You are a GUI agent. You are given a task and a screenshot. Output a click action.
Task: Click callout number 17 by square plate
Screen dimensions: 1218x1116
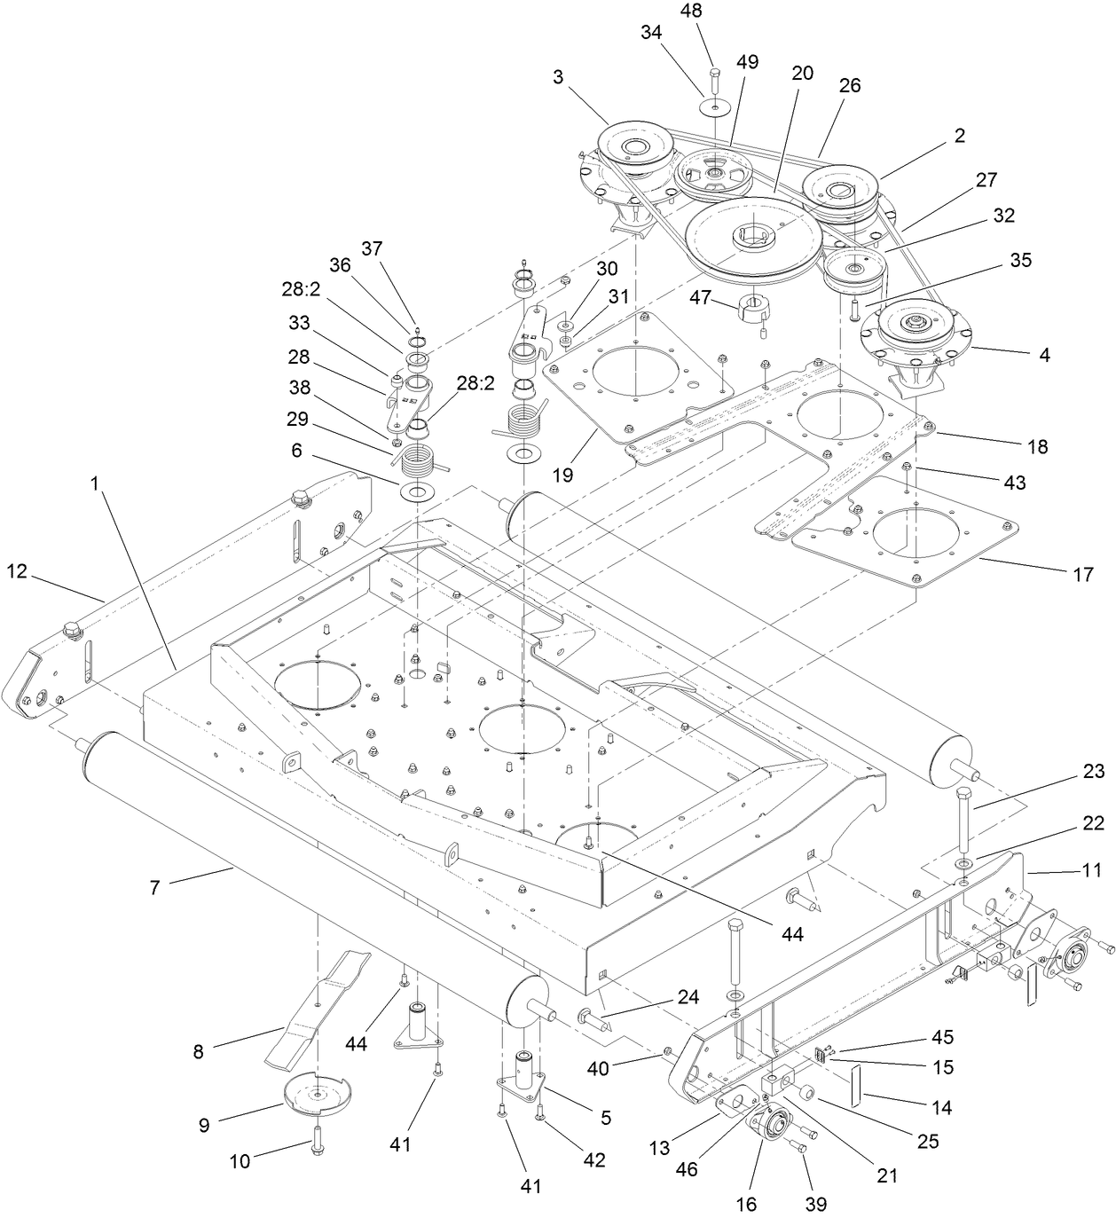coord(1082,575)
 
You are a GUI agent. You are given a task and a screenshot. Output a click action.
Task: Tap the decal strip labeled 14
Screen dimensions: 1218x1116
coord(857,1087)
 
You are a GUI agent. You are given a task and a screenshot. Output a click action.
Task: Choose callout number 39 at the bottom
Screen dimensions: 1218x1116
coord(815,1204)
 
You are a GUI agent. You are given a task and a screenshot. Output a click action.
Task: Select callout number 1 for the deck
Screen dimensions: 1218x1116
coord(94,485)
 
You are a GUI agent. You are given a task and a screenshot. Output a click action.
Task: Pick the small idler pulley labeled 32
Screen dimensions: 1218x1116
coord(854,265)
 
